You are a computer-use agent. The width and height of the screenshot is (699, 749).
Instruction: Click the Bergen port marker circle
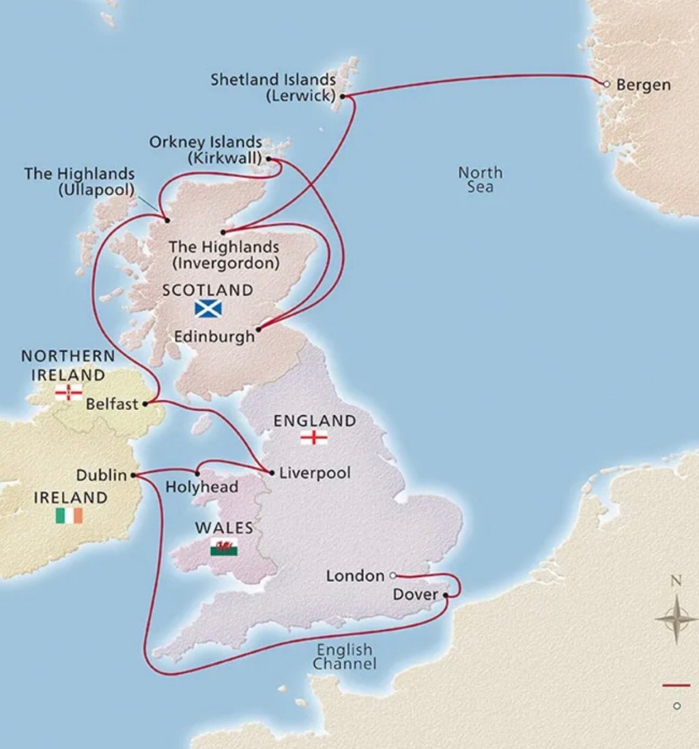point(605,84)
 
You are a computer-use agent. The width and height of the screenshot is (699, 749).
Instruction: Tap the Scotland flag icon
point(208,308)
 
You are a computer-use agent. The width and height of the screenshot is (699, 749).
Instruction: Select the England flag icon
point(313,438)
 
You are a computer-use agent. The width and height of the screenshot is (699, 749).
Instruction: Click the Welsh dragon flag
point(223,547)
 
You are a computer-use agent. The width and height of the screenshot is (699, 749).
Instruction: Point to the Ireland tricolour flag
point(69,516)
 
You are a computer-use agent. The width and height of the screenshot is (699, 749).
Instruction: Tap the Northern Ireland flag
point(68,392)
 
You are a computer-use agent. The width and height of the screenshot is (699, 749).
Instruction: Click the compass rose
point(675,619)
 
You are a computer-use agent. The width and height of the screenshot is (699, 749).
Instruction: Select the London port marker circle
point(393,576)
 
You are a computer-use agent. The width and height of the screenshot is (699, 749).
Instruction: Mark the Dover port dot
point(446,596)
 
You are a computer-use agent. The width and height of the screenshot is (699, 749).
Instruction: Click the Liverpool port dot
point(272,472)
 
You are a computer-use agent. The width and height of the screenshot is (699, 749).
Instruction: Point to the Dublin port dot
point(134,475)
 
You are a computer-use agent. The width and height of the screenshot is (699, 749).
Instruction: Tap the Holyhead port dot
point(198,473)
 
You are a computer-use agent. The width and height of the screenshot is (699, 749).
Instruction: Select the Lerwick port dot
point(343,97)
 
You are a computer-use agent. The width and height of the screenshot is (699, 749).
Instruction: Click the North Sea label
point(480,179)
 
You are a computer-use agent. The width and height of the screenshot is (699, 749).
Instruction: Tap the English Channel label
point(345,656)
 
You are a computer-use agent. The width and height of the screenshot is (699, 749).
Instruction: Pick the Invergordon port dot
point(223,232)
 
